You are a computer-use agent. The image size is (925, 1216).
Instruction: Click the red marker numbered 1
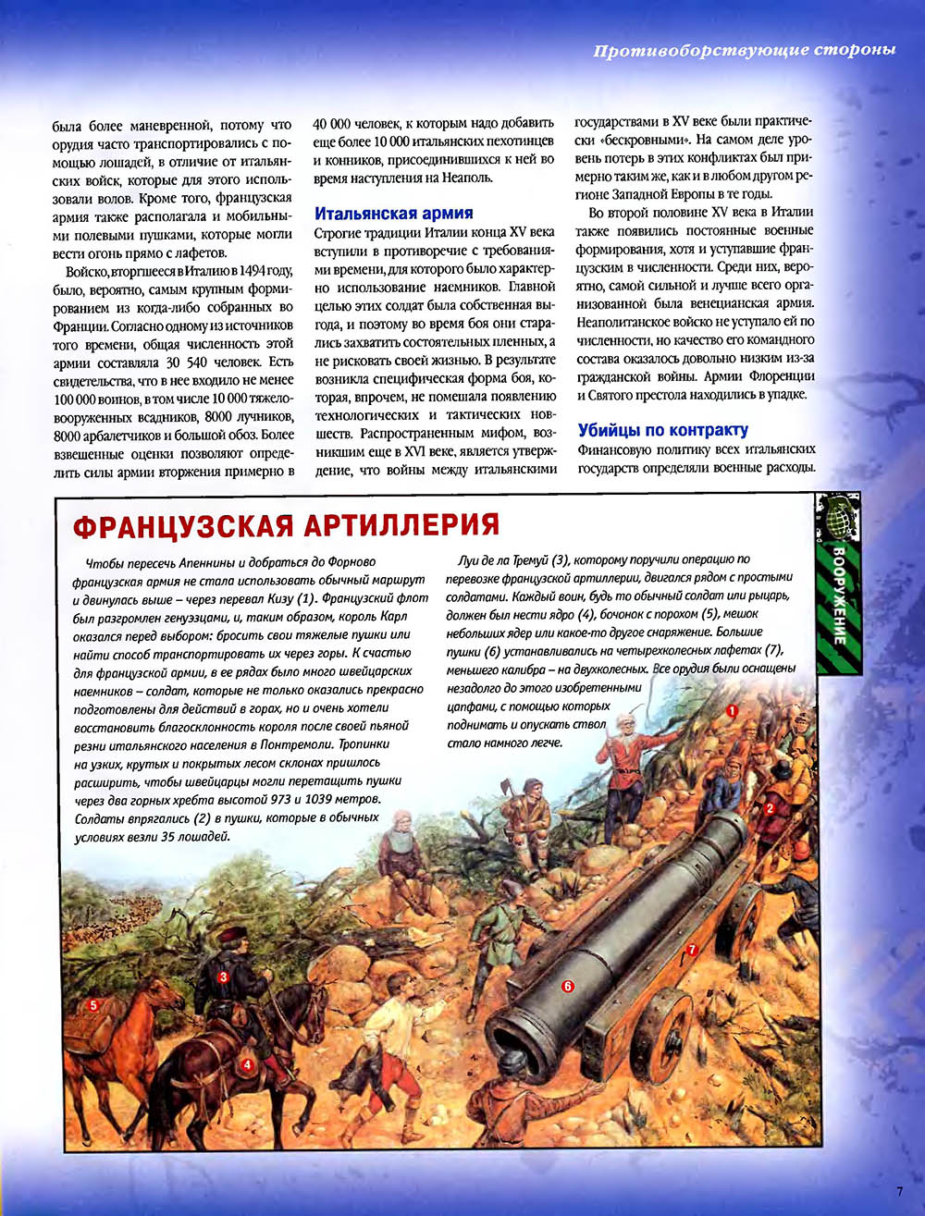[731, 710]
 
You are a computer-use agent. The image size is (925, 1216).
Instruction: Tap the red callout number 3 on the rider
[223, 976]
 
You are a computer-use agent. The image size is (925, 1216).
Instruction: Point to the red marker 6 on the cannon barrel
[568, 987]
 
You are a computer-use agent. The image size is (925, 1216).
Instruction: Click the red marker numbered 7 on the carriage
[690, 950]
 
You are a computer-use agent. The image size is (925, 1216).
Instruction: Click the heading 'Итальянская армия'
[394, 213]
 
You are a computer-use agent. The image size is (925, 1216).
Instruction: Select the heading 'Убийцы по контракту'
[662, 430]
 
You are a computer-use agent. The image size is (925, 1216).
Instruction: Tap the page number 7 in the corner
[898, 1191]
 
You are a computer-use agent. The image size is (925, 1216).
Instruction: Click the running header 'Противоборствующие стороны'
[744, 50]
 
